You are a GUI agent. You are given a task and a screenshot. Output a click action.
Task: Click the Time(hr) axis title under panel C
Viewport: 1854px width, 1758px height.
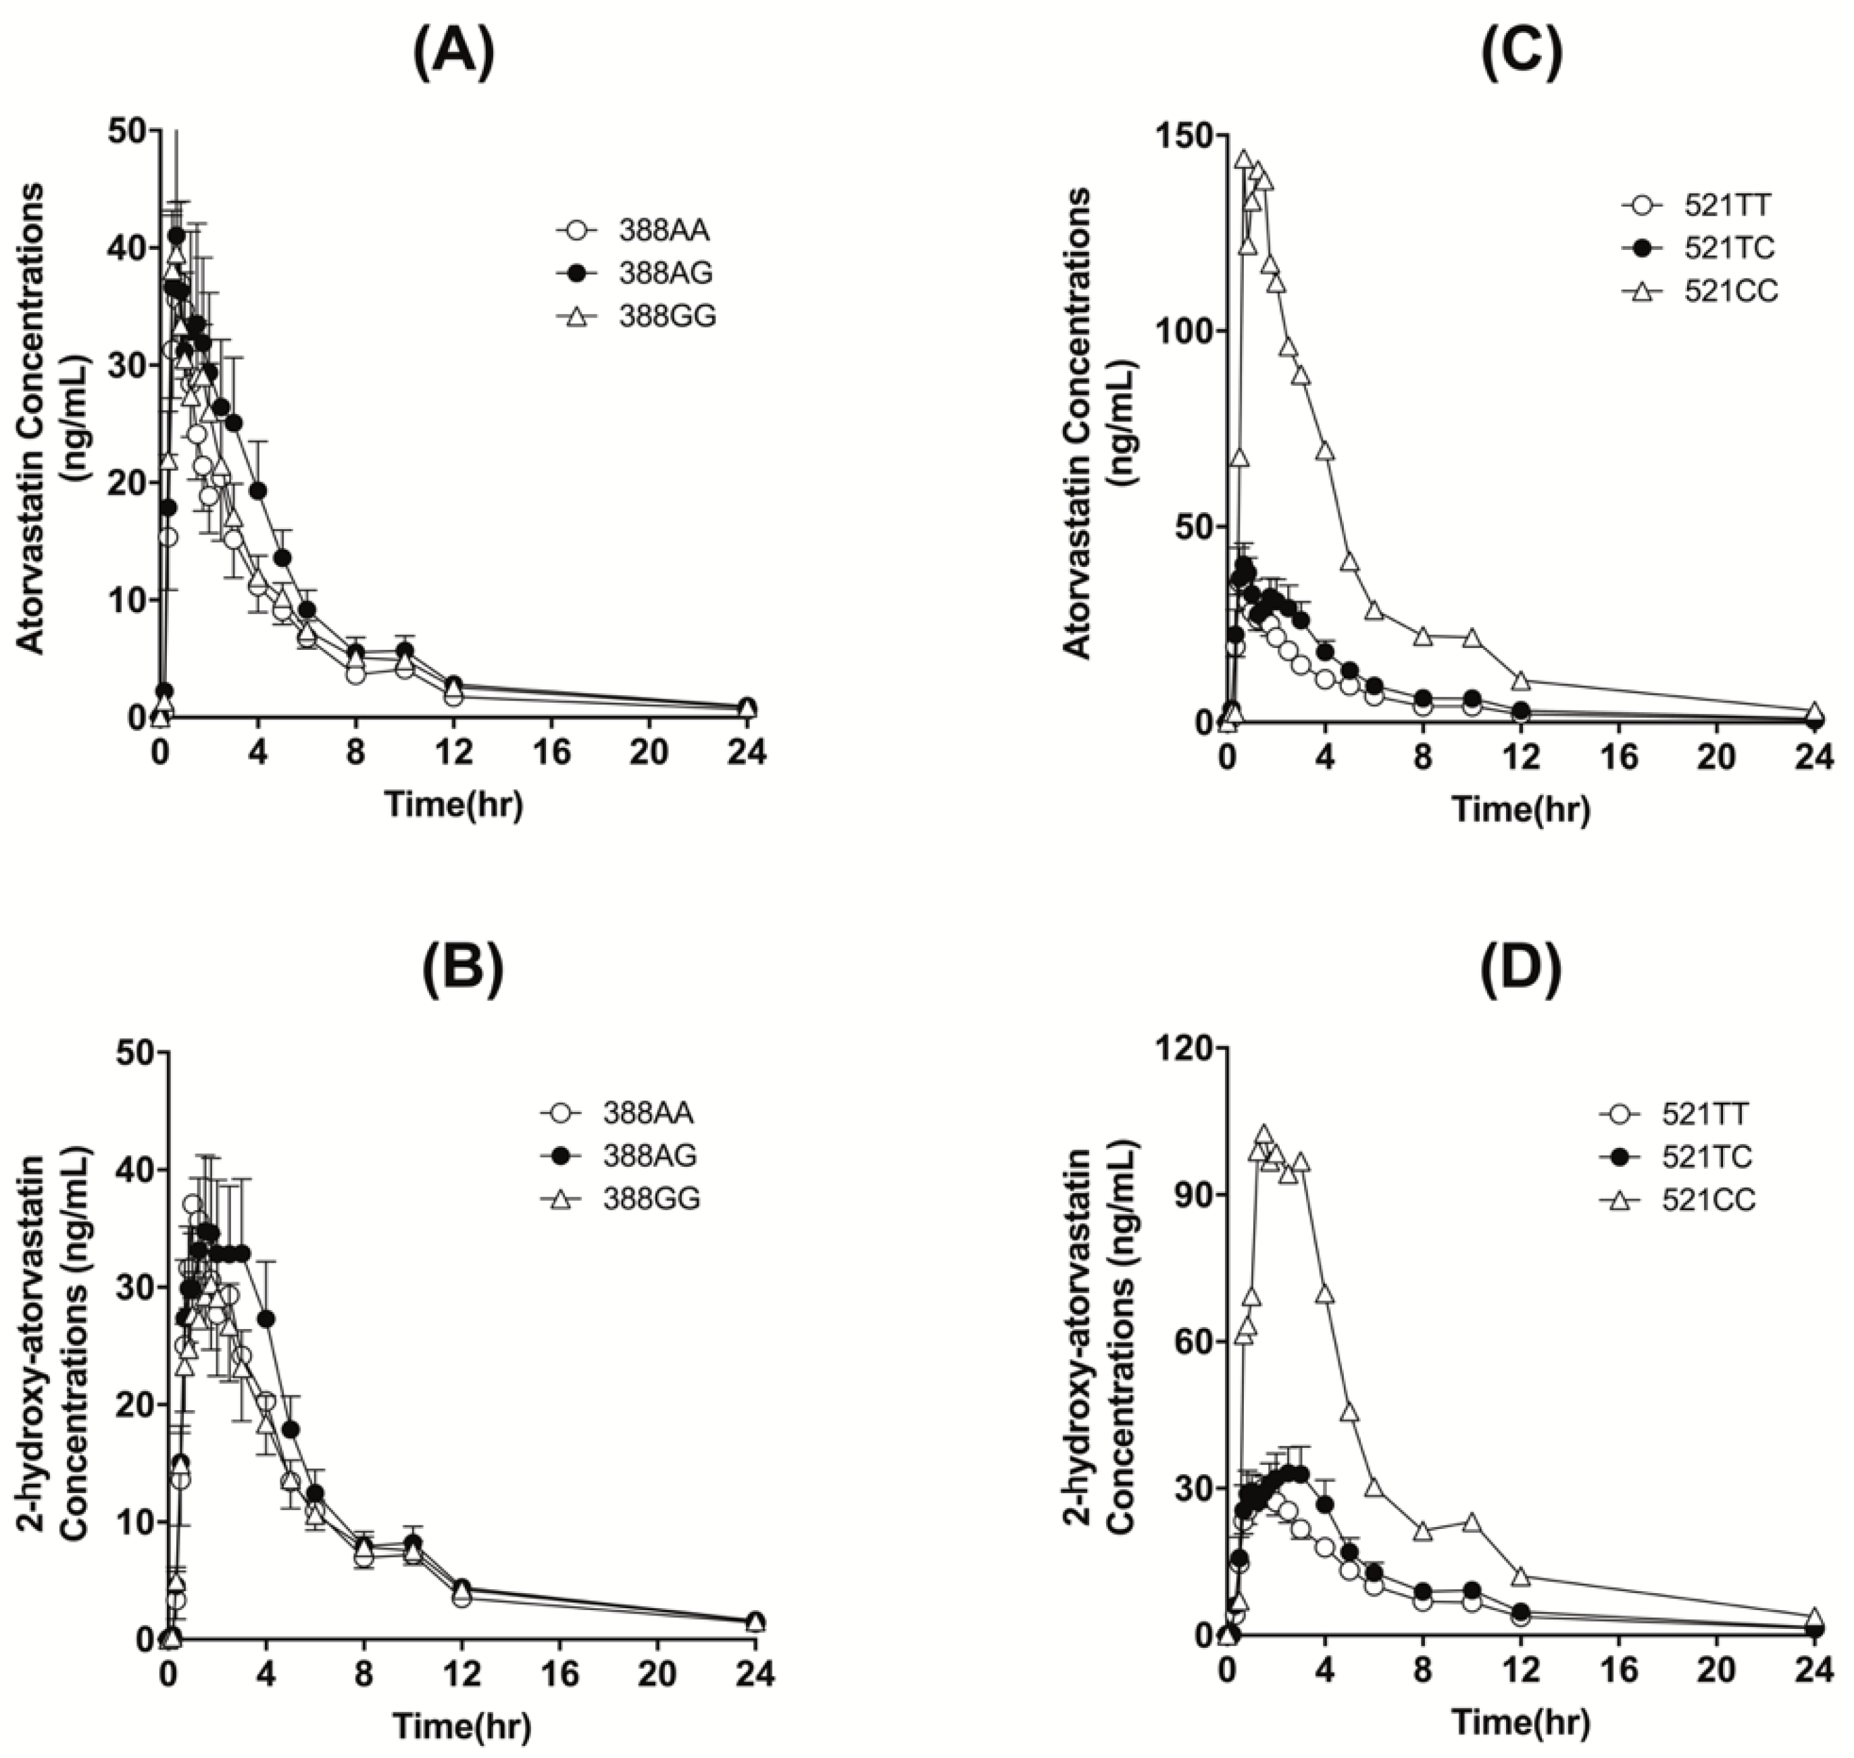(x=1520, y=808)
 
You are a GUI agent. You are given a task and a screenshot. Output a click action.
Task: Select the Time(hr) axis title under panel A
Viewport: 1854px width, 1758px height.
(x=453, y=804)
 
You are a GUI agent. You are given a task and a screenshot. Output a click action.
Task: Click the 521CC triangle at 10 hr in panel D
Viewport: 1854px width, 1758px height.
(x=1472, y=1521)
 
